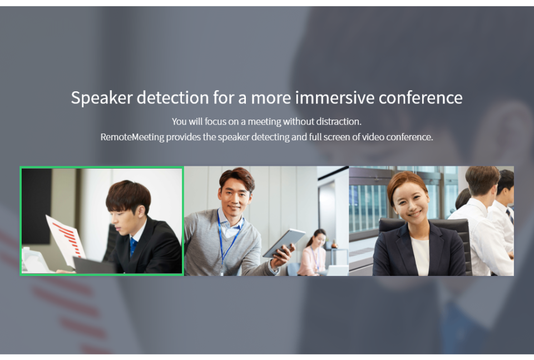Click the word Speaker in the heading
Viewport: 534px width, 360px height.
click(x=101, y=98)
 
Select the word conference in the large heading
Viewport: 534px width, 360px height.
click(x=421, y=98)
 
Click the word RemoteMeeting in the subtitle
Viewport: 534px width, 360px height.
click(x=132, y=137)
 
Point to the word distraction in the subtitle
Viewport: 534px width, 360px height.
click(x=338, y=122)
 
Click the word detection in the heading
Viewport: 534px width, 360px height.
click(x=172, y=98)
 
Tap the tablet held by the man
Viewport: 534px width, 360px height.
click(x=284, y=243)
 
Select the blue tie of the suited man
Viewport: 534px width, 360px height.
click(x=133, y=246)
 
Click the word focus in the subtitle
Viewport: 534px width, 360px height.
click(x=216, y=122)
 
